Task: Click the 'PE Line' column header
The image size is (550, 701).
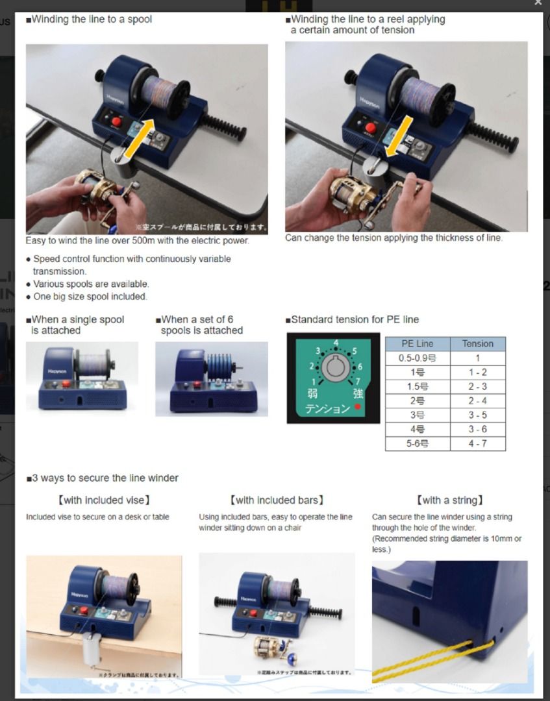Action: [x=417, y=344]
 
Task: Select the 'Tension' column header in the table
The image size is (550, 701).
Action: [x=477, y=344]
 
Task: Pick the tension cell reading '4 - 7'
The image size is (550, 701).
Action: [x=477, y=444]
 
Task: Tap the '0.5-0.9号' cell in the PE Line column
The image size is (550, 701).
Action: [x=417, y=358]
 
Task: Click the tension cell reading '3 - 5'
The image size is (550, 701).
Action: [x=477, y=415]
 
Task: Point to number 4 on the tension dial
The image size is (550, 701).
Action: [x=336, y=342]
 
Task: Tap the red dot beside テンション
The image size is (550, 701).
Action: [x=356, y=408]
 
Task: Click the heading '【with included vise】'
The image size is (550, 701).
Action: [x=104, y=500]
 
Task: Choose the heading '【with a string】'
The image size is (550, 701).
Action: [x=450, y=500]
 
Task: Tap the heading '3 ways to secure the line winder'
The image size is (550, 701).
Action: [x=104, y=478]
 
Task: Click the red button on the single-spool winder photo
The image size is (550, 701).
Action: [x=66, y=384]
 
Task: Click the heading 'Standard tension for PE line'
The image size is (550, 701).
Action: [x=354, y=319]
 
